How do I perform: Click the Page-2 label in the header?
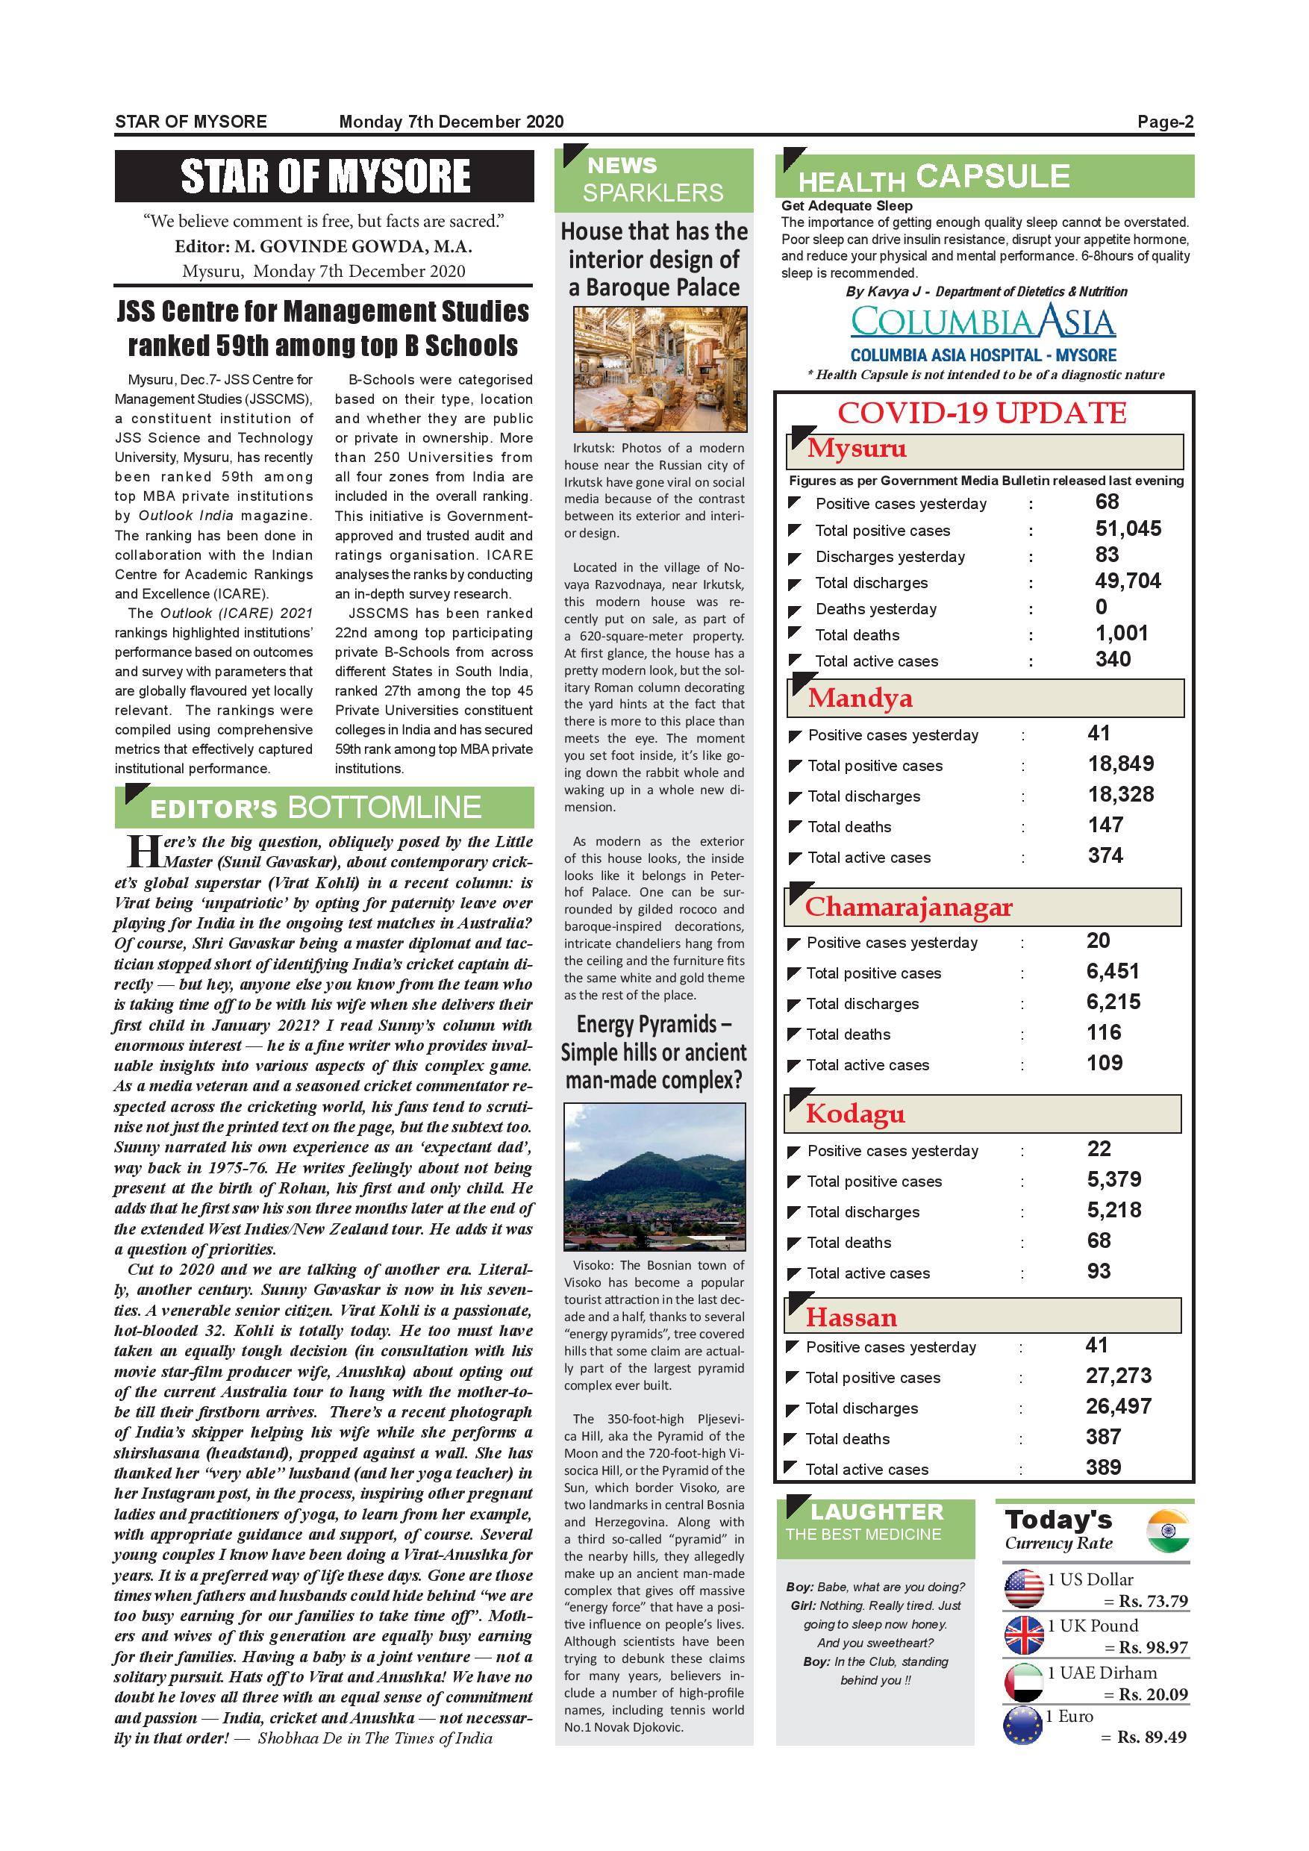click(x=1165, y=122)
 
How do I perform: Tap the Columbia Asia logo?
click(x=983, y=322)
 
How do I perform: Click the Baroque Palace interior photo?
click(x=659, y=370)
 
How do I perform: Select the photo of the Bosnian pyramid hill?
click(x=654, y=1176)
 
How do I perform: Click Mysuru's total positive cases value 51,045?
click(x=1128, y=529)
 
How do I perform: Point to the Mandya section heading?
click(x=860, y=698)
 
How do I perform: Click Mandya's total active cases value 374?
click(x=1105, y=856)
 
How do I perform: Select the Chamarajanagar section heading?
click(x=908, y=907)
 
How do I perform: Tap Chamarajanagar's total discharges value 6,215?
click(x=1113, y=1002)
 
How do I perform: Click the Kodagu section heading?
click(x=855, y=1114)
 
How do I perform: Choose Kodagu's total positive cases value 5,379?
click(x=1114, y=1179)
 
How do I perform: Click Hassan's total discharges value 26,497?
click(x=1118, y=1406)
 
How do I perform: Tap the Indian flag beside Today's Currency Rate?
click(x=1168, y=1532)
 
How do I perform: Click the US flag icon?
click(x=1024, y=1590)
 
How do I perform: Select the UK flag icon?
click(x=1024, y=1636)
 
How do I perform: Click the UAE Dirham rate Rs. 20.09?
click(x=1152, y=1694)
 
